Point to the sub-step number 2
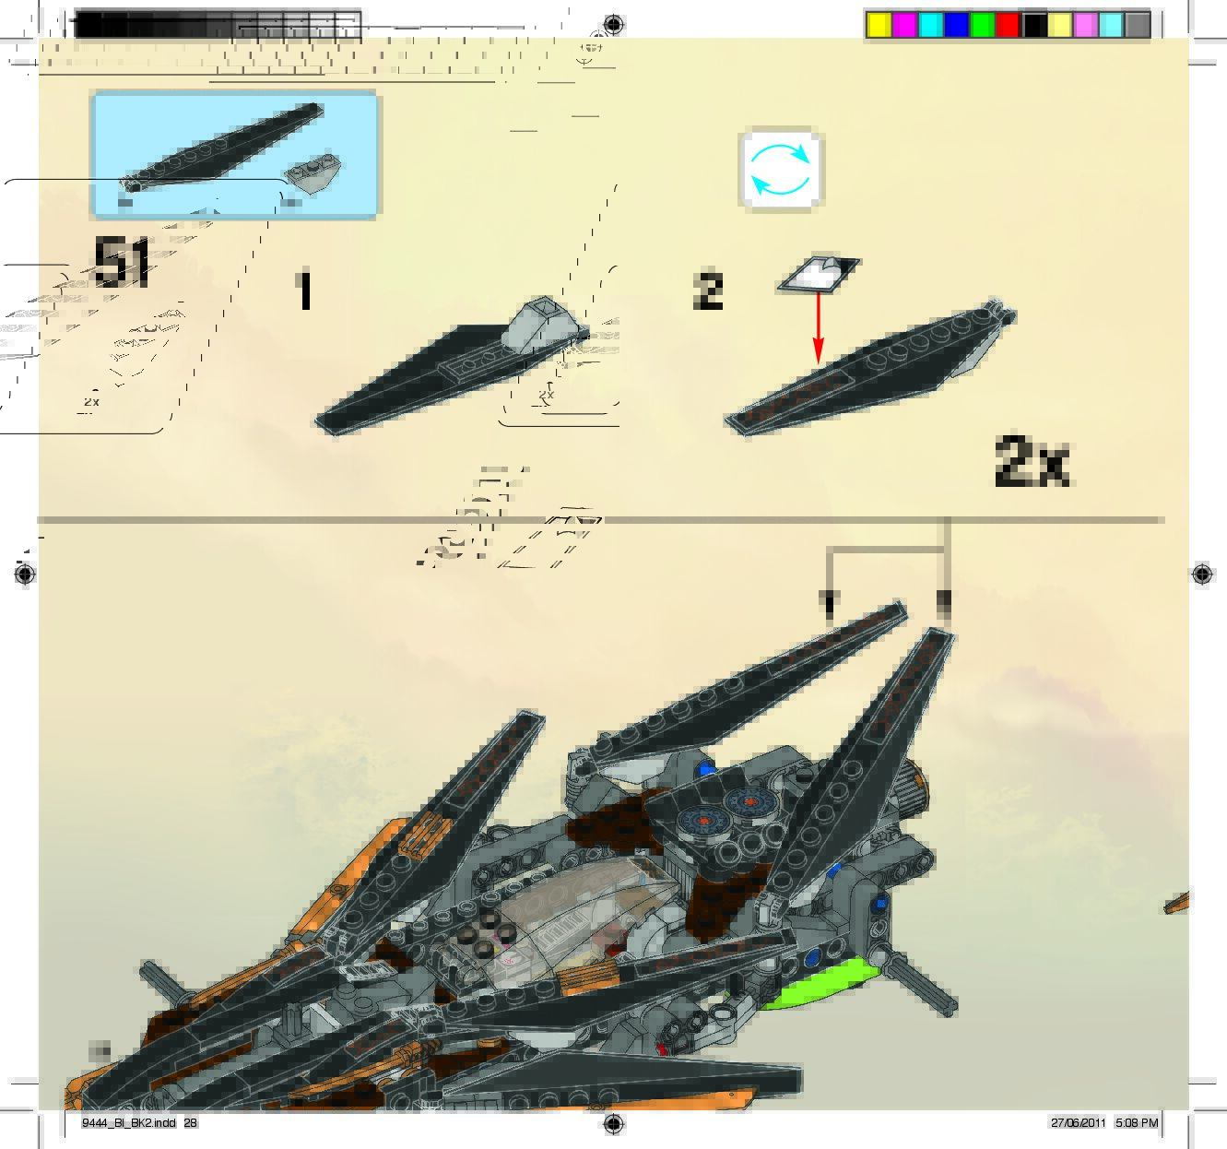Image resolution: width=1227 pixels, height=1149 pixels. (x=708, y=290)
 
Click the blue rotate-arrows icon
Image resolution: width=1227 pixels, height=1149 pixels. (x=781, y=171)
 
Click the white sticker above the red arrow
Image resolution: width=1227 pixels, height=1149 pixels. (x=819, y=274)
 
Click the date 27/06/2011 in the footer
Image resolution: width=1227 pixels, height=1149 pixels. (x=1078, y=1123)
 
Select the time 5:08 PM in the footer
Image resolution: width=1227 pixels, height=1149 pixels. (x=1136, y=1123)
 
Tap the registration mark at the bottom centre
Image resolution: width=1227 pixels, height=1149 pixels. (x=613, y=1123)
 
